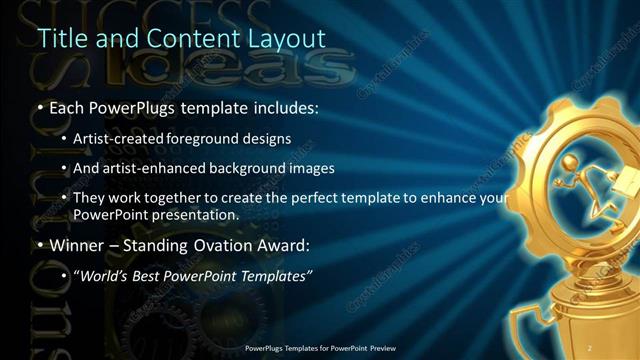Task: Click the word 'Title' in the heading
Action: [x=58, y=38]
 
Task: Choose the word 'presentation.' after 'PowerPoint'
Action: [x=197, y=214]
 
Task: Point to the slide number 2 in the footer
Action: [x=590, y=347]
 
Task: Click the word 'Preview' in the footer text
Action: [x=381, y=347]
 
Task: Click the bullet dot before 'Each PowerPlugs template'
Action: [x=40, y=107]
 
